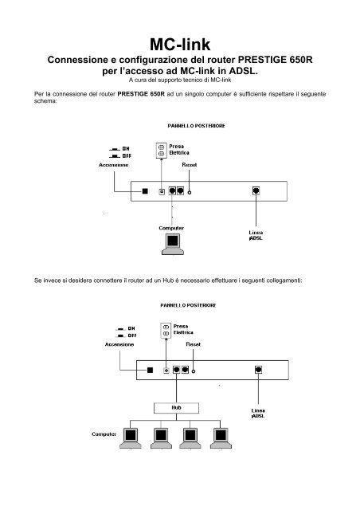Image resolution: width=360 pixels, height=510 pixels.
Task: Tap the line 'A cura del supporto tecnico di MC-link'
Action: [x=179, y=80]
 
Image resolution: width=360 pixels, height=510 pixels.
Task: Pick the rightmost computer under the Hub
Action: [x=220, y=437]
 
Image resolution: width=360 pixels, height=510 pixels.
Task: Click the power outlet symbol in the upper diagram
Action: [x=162, y=150]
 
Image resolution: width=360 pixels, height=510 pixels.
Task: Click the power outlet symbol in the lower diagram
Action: [x=165, y=330]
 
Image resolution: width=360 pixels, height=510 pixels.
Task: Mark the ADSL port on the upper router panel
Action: [x=256, y=191]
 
